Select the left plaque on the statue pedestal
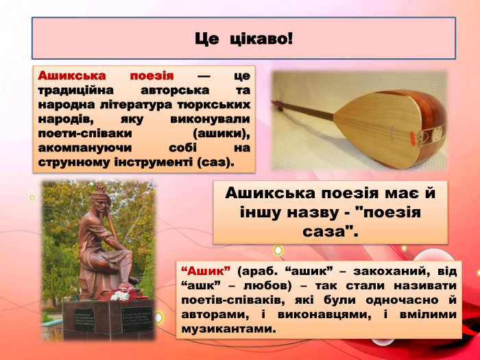[84, 320]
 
